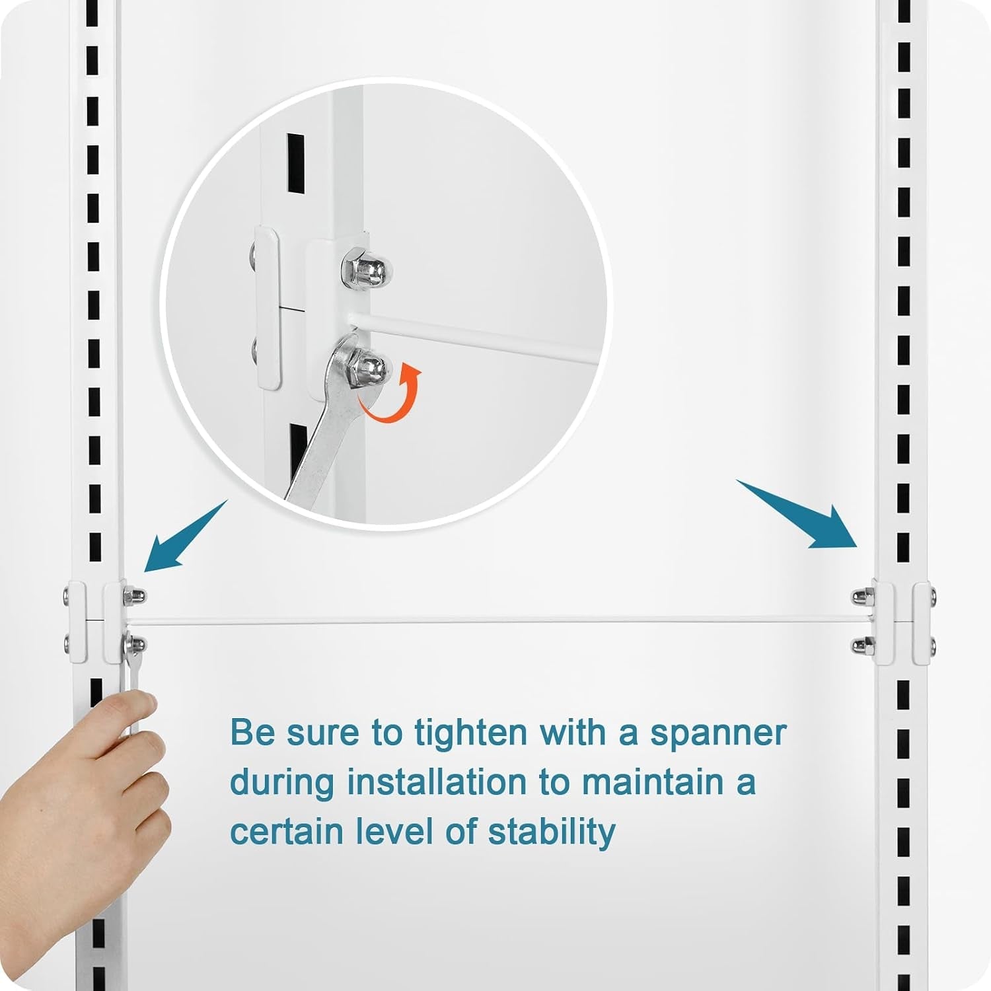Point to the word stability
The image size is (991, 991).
click(552, 831)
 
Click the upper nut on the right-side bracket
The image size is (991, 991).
click(861, 596)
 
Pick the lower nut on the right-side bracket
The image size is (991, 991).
click(861, 644)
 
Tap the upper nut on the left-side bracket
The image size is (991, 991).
click(134, 596)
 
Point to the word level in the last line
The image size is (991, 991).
click(394, 831)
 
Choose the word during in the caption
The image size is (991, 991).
click(282, 783)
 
